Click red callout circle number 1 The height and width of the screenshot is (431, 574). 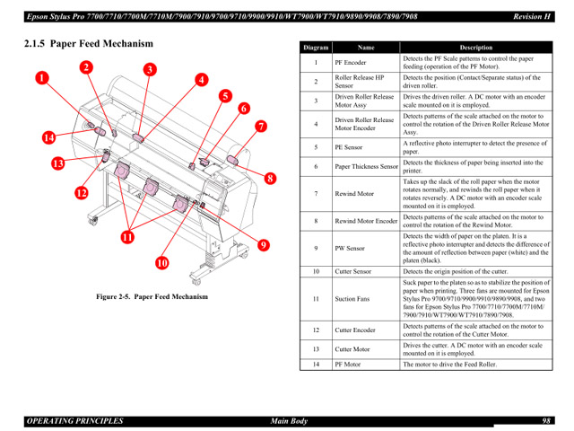tap(42, 78)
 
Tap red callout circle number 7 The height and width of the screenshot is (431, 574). tap(260, 127)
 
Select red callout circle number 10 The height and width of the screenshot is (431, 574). tap(161, 263)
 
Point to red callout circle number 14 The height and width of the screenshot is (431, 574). tap(48, 137)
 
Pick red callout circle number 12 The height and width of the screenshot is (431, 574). tap(81, 193)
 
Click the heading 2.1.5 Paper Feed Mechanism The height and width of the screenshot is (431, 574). tap(89, 43)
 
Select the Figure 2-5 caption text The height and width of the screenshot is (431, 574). tap(152, 297)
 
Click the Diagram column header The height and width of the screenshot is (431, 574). tap(316, 48)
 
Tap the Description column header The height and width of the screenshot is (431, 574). tap(476, 48)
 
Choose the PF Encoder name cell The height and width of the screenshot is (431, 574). tap(350, 63)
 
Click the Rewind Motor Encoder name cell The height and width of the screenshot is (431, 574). tap(366, 221)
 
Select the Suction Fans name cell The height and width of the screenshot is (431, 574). tap(352, 299)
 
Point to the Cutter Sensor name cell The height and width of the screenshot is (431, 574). tap(353, 271)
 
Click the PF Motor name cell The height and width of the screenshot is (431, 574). tap(348, 365)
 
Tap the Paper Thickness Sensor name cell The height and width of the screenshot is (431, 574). tap(366, 167)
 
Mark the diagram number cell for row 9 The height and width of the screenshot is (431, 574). tap(316, 248)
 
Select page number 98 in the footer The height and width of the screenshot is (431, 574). tap(546, 420)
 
